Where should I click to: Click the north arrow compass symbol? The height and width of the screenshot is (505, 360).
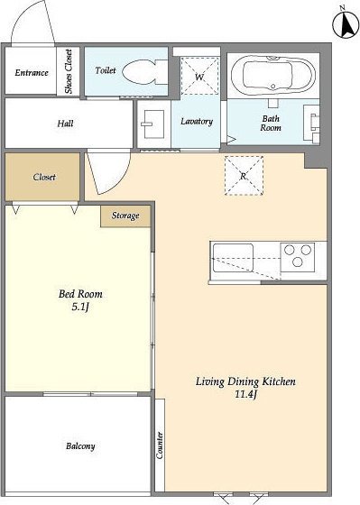coord(346,26)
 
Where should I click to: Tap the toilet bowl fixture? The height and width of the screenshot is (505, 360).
coord(145,72)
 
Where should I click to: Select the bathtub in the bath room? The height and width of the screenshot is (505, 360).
coord(273,73)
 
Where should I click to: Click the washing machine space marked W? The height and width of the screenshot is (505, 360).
coord(199,76)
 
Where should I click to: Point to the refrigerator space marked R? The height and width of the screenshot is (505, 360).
coord(244,176)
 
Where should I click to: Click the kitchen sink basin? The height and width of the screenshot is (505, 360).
coord(233,258)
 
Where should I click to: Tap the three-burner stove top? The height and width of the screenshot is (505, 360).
coord(298,258)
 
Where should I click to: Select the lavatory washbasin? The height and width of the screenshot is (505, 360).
coord(153,124)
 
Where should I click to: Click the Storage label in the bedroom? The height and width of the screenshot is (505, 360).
coord(125,216)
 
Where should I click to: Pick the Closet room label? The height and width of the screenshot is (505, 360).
coord(44,177)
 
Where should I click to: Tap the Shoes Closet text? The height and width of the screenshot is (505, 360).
coord(69,71)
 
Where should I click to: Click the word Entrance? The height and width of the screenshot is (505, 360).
coord(32,72)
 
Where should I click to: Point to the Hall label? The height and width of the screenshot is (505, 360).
coord(65,124)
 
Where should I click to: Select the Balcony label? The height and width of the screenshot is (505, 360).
coord(80,446)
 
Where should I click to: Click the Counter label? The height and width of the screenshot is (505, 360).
coord(160,445)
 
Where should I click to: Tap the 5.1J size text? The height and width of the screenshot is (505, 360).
coord(80,307)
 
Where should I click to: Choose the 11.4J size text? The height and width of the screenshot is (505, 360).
coord(245,394)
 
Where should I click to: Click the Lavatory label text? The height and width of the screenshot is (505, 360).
coord(197,121)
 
